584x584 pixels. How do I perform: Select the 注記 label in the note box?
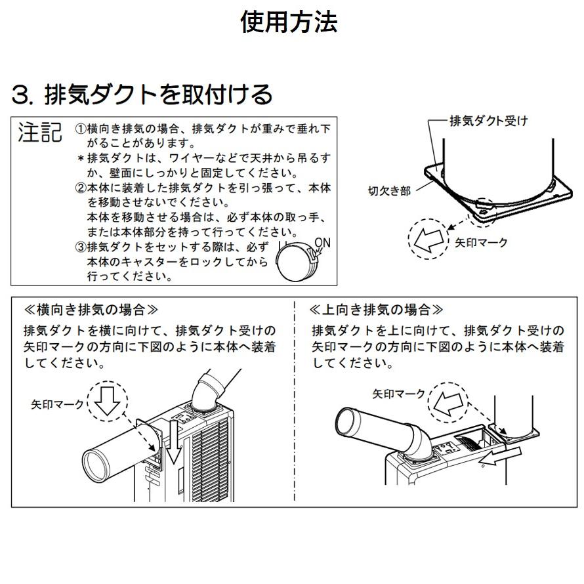tap(40, 133)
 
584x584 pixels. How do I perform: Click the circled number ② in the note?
tap(81, 188)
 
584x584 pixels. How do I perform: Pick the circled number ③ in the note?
tap(81, 247)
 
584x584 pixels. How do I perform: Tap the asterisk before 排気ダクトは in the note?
tap(81, 158)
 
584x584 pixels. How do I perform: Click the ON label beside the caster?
tap(322, 242)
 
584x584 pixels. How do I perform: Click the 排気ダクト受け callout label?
tap(488, 121)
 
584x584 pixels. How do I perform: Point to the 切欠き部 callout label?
tap(389, 190)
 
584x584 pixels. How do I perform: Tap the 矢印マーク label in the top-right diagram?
tap(481, 243)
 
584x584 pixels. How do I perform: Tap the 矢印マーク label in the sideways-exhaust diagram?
tap(58, 404)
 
